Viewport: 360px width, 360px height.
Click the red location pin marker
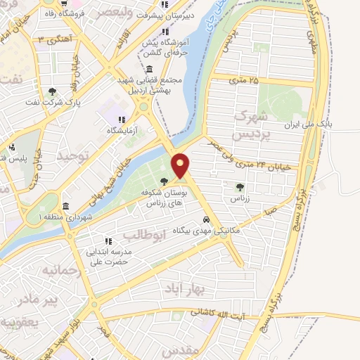coord(181,166)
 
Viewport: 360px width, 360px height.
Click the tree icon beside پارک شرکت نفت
coord(51,91)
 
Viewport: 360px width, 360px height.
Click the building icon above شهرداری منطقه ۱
coord(65,207)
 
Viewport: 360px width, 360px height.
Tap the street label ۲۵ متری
coord(243,81)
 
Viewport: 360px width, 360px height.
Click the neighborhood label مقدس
coord(181,349)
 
